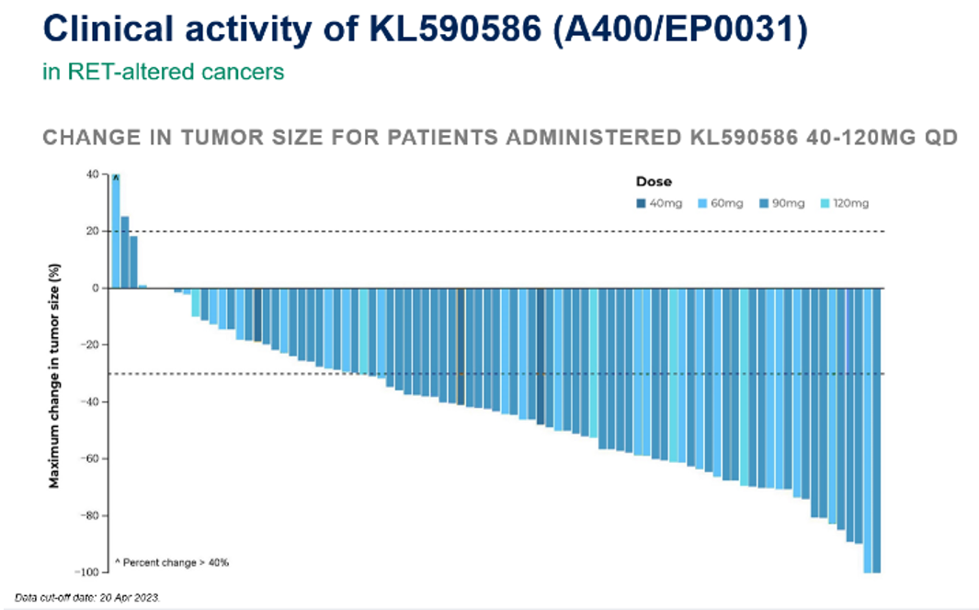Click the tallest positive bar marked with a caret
[116, 230]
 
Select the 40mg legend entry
[658, 203]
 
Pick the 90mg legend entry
[782, 203]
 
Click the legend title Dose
[654, 182]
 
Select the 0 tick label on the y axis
[94, 288]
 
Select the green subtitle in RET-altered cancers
[163, 72]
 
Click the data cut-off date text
[87, 597]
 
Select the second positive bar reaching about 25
[125, 252]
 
